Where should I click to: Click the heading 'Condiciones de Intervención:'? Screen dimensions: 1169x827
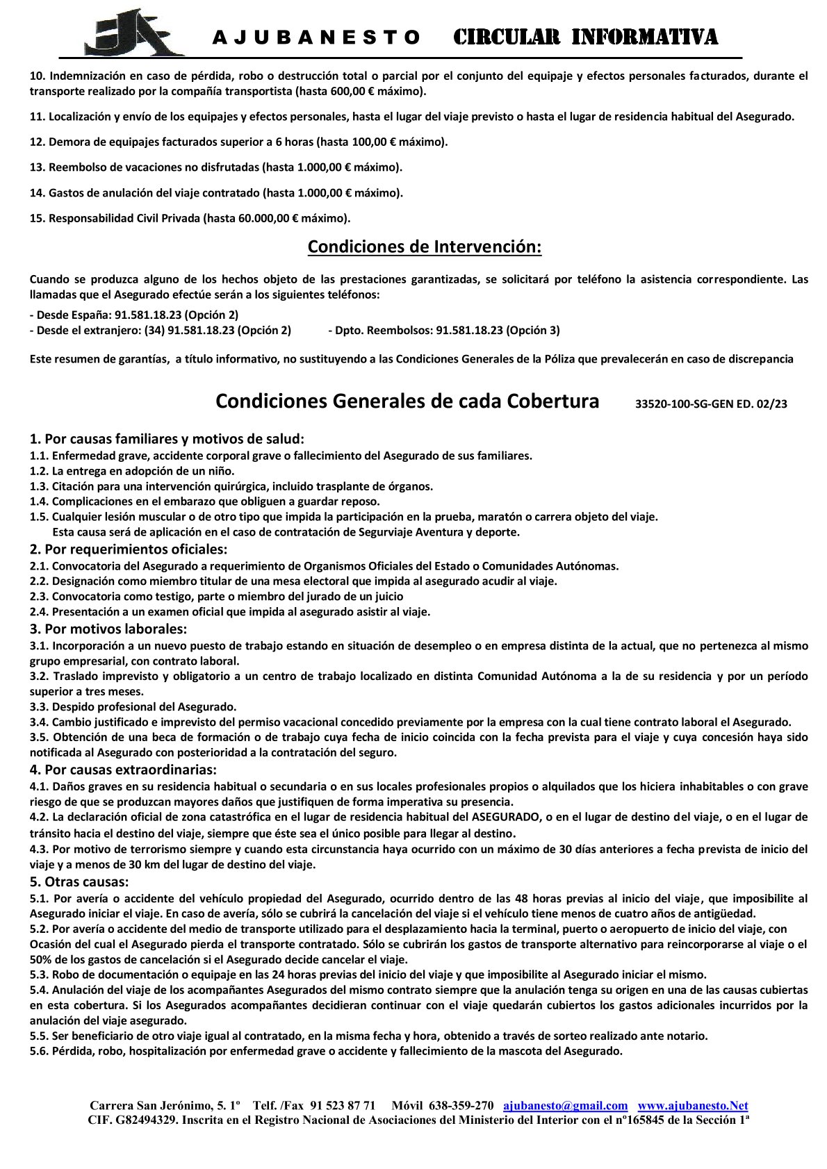[424, 247]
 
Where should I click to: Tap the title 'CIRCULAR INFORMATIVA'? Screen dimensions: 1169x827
[585, 37]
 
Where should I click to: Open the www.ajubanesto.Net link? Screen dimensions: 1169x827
[692, 1105]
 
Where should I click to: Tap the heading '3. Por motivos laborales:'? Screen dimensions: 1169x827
[108, 629]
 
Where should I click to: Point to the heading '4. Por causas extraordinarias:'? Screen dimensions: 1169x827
[123, 770]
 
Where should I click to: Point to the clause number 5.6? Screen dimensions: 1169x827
[38, 1051]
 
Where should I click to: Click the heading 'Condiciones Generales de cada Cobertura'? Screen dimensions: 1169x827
[407, 401]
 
